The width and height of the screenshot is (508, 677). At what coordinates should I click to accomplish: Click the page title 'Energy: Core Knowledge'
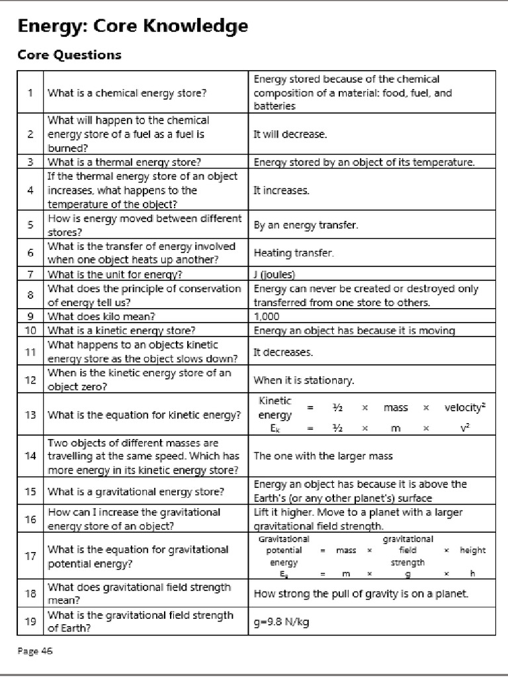133,26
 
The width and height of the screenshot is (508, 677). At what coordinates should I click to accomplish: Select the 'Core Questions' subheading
69,55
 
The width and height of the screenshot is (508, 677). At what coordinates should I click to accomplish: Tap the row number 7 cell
30,274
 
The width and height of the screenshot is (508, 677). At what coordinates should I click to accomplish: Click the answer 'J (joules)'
275,274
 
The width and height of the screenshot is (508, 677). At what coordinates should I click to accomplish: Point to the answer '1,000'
267,316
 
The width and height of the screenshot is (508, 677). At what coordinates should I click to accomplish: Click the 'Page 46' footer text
34,651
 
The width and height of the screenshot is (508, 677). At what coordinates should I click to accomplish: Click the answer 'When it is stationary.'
304,380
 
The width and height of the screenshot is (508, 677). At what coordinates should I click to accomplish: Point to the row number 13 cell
30,415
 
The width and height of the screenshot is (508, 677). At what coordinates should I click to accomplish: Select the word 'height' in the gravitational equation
472,550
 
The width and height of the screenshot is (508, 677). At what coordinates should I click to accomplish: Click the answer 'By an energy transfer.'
306,225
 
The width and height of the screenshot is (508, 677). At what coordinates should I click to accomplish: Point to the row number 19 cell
30,621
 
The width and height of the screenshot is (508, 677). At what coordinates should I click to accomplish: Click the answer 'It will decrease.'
290,134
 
